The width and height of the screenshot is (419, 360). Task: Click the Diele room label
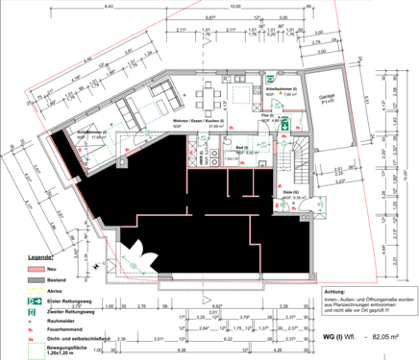287,193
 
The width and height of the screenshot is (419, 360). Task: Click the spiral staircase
300,153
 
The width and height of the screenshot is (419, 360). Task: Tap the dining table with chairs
207,96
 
